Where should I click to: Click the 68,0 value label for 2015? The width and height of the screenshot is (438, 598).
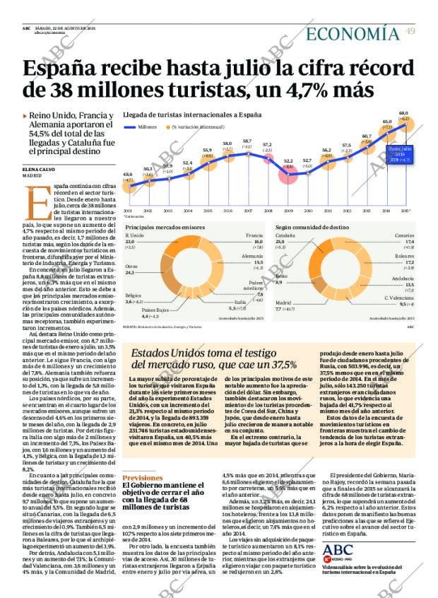click(x=403, y=113)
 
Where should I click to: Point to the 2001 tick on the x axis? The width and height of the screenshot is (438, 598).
click(x=128, y=211)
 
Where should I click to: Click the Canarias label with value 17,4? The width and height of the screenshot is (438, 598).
click(x=404, y=235)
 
